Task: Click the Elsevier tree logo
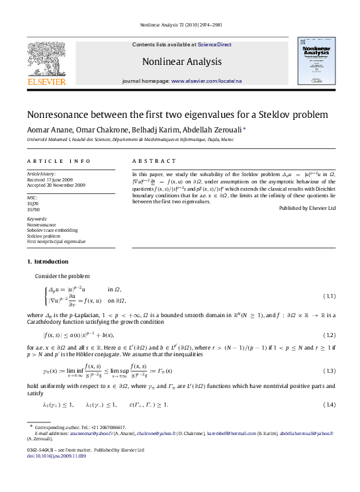46,60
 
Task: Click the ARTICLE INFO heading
59,162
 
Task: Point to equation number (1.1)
329,296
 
